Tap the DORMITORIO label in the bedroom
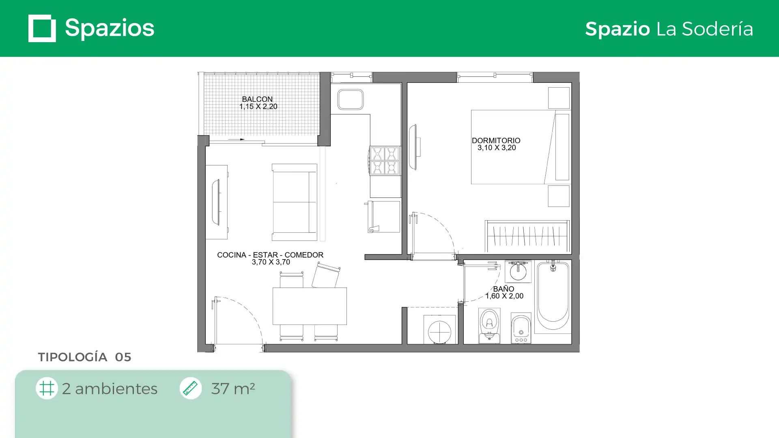(x=496, y=141)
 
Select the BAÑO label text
(x=504, y=289)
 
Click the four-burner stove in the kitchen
(x=384, y=161)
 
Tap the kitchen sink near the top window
(x=351, y=99)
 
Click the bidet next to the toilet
(x=521, y=328)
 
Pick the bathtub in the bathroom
(x=553, y=296)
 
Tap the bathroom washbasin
(x=518, y=271)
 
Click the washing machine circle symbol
(x=439, y=332)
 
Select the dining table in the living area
(x=310, y=306)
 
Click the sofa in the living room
(x=294, y=202)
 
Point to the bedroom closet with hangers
(x=527, y=236)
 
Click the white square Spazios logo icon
(x=42, y=28)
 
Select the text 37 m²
(x=233, y=389)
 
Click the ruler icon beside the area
(x=190, y=388)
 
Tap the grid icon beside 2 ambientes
(x=47, y=388)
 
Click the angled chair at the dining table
(x=326, y=275)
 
